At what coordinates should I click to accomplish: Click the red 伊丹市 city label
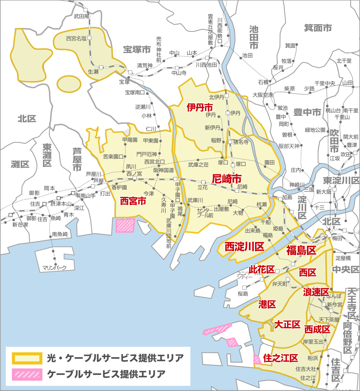[x=200, y=107]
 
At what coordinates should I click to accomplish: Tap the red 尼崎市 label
[x=227, y=179]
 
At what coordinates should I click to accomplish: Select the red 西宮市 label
[x=133, y=201]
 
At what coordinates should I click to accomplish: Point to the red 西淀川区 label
[x=244, y=247]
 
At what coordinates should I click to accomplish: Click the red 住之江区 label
[x=280, y=358]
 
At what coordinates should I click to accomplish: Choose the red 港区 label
[x=267, y=304]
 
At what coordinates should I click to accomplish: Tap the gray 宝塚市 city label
[x=137, y=50]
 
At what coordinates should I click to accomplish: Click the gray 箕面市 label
[x=318, y=28]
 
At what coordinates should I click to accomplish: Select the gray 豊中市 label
[x=307, y=112]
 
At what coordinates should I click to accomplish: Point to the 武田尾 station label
[x=81, y=16]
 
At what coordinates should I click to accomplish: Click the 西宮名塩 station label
[x=76, y=38]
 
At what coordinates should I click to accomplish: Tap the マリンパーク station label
[x=54, y=268]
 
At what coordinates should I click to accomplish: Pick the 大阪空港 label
[x=263, y=95]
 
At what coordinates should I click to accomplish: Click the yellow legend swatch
[x=27, y=358]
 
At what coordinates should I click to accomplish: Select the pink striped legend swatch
[x=27, y=374]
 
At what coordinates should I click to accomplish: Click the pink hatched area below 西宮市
[x=125, y=225]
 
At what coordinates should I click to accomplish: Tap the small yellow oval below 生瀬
[x=69, y=84]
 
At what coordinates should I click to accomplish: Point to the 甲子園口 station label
[x=178, y=190]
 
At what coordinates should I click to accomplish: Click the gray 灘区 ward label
[x=20, y=164]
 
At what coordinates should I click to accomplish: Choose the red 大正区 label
[x=287, y=325]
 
